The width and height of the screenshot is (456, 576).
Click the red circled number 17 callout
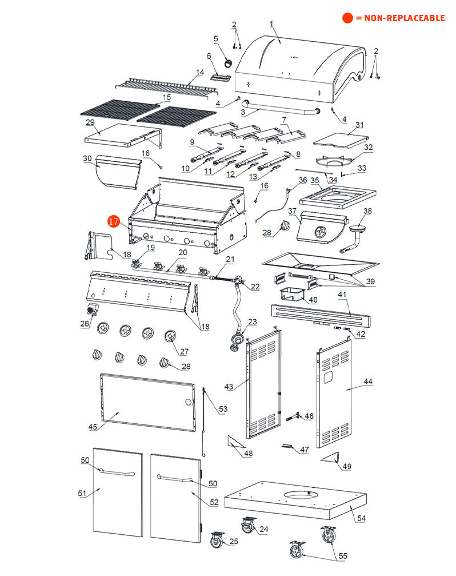coord(113,221)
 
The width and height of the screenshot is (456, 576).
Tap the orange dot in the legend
coord(347,18)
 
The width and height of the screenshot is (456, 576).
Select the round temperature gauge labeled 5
coord(229,62)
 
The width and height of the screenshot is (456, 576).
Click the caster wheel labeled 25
coord(217,539)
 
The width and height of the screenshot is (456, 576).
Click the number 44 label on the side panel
coord(367,381)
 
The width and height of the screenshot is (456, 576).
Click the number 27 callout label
coord(184,351)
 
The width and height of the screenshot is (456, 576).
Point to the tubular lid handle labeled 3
coord(280,109)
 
